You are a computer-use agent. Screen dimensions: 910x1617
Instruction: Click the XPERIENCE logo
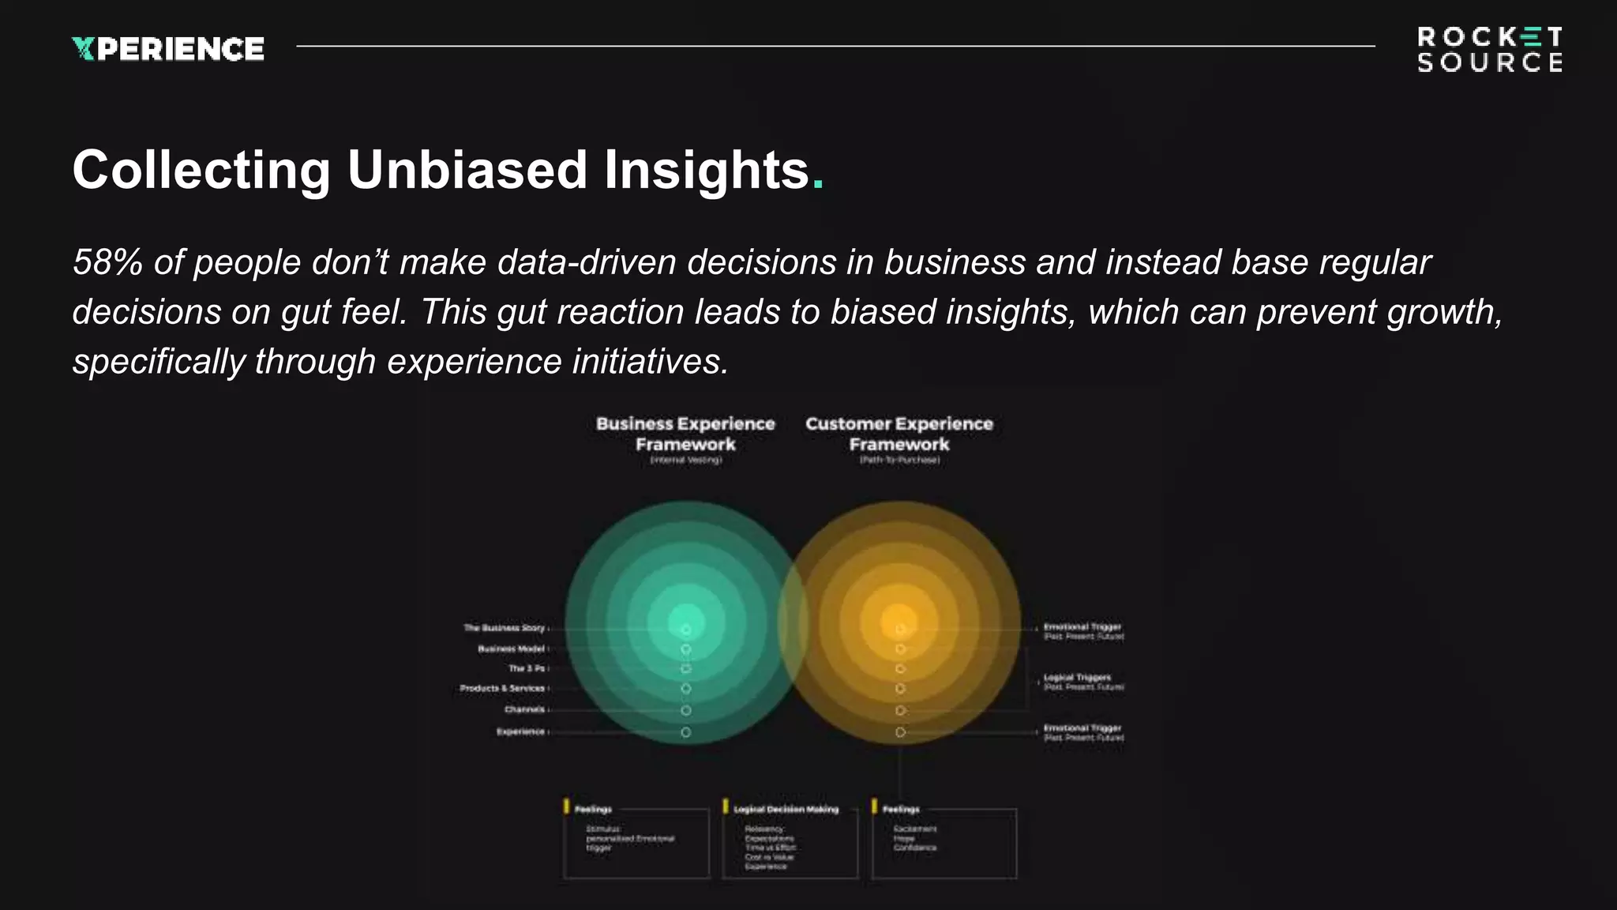pos(168,49)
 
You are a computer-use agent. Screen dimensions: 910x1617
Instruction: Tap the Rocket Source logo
pos(1489,50)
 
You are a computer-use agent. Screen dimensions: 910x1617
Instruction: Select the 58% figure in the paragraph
pos(107,262)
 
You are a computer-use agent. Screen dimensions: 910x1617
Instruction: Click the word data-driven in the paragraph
pos(587,262)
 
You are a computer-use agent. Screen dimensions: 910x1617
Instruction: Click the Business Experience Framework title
pos(685,434)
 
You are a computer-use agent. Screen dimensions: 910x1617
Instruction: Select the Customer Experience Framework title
pos(899,434)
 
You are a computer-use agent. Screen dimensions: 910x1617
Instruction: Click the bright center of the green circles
pos(685,622)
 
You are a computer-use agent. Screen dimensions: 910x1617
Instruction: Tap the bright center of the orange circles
pos(899,622)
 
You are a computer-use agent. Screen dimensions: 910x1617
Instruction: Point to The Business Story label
pos(505,628)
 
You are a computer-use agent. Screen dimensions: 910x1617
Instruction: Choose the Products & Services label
pos(502,688)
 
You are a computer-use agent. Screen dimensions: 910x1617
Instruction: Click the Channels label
pos(524,709)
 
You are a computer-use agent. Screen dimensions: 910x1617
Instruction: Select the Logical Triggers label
pos(1077,678)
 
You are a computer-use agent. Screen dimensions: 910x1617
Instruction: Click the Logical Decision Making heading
pos(786,810)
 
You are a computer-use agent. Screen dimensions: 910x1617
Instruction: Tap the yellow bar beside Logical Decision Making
pos(726,807)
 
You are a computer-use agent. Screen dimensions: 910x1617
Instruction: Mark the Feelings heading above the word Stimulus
pos(593,810)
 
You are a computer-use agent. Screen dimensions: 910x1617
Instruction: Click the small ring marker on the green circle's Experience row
pos(686,732)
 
